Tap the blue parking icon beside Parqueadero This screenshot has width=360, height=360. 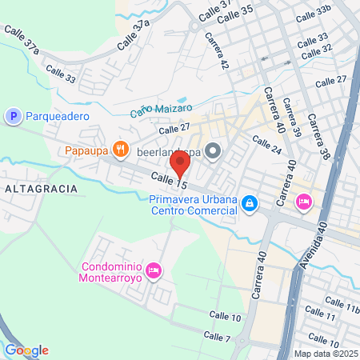(x=13, y=117)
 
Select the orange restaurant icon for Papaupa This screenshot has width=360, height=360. (x=121, y=148)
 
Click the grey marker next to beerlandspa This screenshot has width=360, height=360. (x=212, y=150)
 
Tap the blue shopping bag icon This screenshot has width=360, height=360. (x=250, y=204)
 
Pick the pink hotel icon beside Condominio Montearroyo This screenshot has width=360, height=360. (x=155, y=270)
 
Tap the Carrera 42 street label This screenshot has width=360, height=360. (x=217, y=50)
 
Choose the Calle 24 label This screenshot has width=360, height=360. (x=266, y=145)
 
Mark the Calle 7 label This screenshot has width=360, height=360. (x=217, y=337)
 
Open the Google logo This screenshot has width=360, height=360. (x=26, y=350)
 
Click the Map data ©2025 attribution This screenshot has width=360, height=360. (x=325, y=354)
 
